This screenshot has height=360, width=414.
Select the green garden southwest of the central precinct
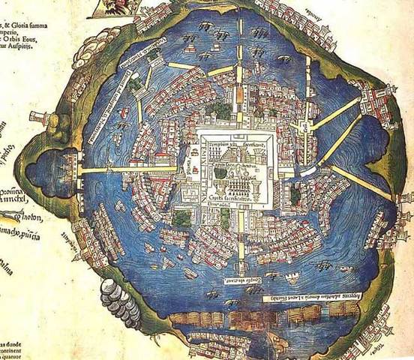(x=181, y=219)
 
